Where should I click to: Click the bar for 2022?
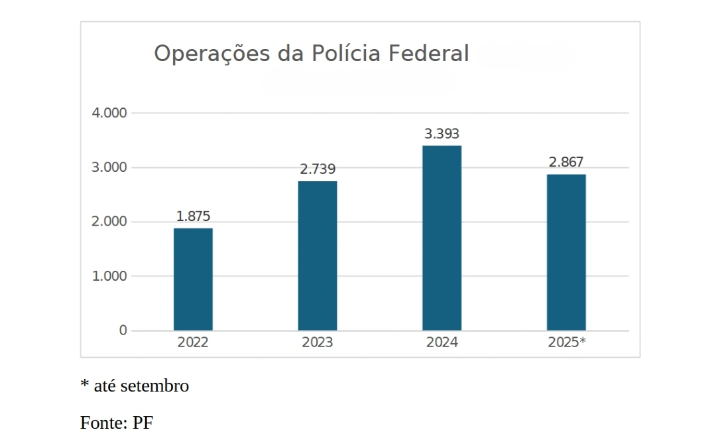(x=193, y=279)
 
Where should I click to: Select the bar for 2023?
(x=318, y=256)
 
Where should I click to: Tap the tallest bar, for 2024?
(x=442, y=238)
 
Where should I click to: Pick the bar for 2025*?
(x=566, y=252)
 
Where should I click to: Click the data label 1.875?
(x=193, y=216)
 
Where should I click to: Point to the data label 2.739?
(x=318, y=169)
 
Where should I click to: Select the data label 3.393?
(x=442, y=134)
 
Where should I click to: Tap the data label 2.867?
(x=566, y=163)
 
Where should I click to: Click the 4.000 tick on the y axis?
(x=109, y=113)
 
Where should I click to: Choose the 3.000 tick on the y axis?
(x=109, y=167)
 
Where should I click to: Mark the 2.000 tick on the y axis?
(x=109, y=222)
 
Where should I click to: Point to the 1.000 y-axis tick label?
(x=109, y=276)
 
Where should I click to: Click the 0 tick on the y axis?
(x=123, y=331)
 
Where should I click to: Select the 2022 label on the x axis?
(x=193, y=343)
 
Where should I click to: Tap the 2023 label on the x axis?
(x=318, y=343)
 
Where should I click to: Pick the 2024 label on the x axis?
(x=442, y=343)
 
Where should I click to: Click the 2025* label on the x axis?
(x=567, y=343)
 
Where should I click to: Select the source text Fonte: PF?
(x=117, y=423)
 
